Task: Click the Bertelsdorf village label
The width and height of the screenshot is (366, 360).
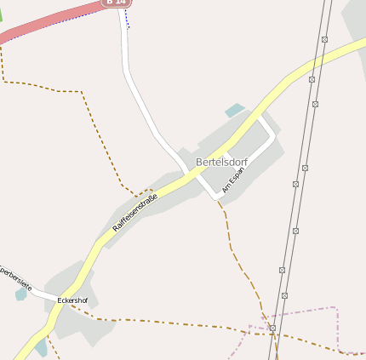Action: tap(221, 161)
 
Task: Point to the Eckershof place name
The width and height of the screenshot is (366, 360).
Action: tap(72, 300)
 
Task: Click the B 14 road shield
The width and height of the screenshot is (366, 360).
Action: tap(117, 3)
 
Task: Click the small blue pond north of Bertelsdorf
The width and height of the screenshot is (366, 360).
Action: tap(234, 110)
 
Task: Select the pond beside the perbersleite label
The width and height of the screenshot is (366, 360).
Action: tap(20, 294)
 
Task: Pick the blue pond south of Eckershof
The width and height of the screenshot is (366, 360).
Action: tap(41, 347)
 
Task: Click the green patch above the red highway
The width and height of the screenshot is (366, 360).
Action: tap(2, 14)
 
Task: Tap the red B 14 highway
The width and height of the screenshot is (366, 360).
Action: tap(51, 21)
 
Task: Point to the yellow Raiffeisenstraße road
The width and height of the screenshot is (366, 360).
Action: tap(281, 89)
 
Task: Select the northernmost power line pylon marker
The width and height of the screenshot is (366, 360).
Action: tap(324, 39)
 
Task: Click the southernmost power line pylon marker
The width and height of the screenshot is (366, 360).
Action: tap(272, 328)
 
